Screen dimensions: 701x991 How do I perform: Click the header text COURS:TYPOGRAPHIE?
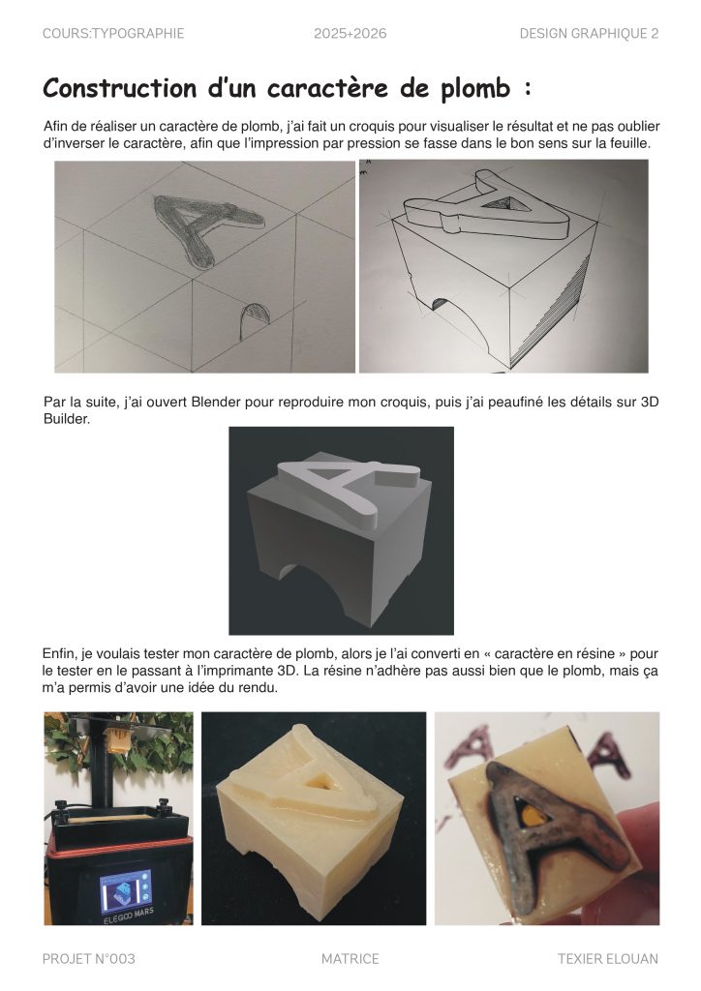113,34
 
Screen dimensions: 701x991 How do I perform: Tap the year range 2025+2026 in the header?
350,34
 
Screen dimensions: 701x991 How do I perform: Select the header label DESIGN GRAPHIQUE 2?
589,34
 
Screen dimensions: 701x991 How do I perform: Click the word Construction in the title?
120,88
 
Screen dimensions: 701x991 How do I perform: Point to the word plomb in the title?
475,89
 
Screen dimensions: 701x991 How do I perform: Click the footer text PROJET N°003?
88,959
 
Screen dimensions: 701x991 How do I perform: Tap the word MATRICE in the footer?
350,959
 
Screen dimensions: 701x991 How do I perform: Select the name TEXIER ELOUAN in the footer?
607,959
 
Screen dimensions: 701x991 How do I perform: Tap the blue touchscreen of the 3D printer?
126,890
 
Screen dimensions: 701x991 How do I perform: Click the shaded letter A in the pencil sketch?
205,229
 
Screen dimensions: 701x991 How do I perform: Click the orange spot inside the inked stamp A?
528,815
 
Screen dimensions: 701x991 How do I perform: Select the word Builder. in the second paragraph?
67,419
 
